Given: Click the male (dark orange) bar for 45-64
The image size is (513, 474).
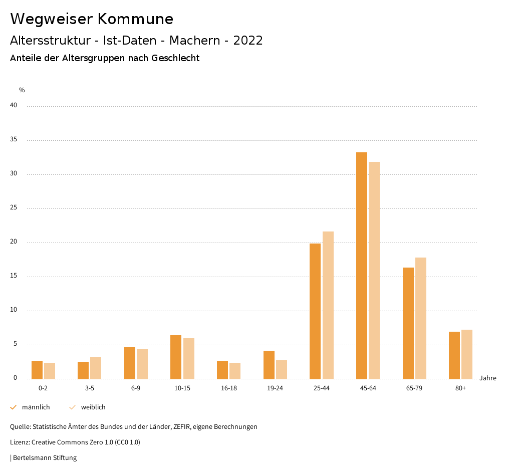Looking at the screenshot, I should click(362, 266).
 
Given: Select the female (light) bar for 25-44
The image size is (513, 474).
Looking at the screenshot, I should click(328, 305).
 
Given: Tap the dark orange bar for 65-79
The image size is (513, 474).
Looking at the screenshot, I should click(408, 323).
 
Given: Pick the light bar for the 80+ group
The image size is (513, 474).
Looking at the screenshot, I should click(467, 354).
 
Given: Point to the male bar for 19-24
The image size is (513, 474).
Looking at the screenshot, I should click(269, 365).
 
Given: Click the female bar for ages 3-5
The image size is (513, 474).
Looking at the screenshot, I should click(96, 368).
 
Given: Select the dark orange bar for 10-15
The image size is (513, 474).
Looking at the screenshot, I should click(176, 357).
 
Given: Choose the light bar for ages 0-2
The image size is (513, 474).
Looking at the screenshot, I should click(50, 371).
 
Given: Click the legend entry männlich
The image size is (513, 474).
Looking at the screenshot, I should click(36, 407).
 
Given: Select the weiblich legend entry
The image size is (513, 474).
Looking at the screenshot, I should click(93, 407).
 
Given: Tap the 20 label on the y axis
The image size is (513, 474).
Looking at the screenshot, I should click(14, 242).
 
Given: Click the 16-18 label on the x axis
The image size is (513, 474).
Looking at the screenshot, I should click(229, 388).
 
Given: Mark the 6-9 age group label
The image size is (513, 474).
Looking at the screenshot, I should click(136, 388).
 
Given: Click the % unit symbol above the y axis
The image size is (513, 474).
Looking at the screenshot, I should click(22, 90).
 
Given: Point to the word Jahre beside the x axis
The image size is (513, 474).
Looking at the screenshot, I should click(488, 378).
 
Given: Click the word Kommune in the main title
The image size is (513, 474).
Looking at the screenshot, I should click(135, 19).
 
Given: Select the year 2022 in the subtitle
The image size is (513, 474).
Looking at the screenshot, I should click(248, 41).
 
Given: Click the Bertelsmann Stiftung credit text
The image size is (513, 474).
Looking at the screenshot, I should click(45, 458).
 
